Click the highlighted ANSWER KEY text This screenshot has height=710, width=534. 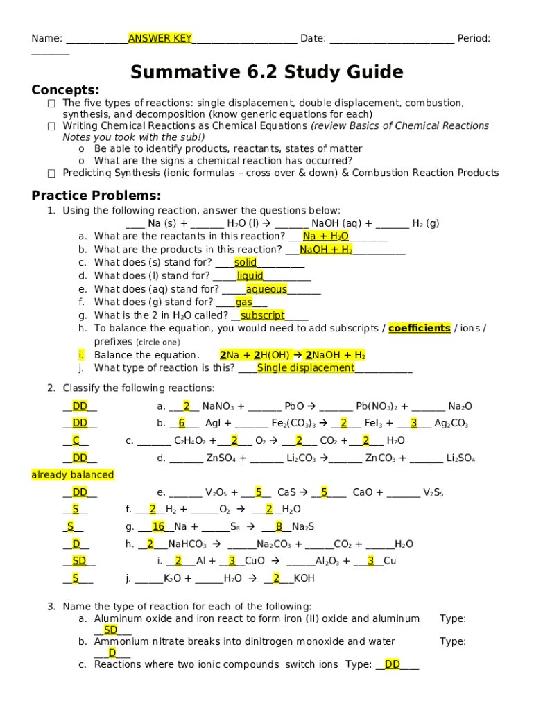coord(160,38)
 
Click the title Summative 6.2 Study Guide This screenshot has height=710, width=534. coord(266,72)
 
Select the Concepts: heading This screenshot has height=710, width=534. coord(65,90)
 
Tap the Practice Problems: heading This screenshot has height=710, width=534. coord(96,196)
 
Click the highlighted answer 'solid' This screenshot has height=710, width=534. coord(246,263)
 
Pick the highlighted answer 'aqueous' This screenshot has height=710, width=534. coord(266,289)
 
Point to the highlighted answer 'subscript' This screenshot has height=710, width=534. coord(262,315)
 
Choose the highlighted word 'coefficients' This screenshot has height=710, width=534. coord(419,328)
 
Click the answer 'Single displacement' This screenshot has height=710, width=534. coord(306,368)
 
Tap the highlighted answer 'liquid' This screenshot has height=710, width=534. coord(250,276)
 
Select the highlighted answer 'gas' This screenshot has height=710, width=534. coord(243,302)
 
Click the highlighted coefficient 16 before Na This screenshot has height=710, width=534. coord(158,527)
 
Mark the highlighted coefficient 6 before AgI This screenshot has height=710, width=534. coord(181,424)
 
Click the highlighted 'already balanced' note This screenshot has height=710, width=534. coord(73,475)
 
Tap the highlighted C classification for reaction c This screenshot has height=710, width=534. coord(76,441)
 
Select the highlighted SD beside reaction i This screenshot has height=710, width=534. coord(79,561)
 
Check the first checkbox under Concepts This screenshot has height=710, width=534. coord(51,103)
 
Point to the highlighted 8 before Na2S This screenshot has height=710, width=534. coord(279,527)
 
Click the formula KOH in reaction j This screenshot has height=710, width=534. coord(304,578)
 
